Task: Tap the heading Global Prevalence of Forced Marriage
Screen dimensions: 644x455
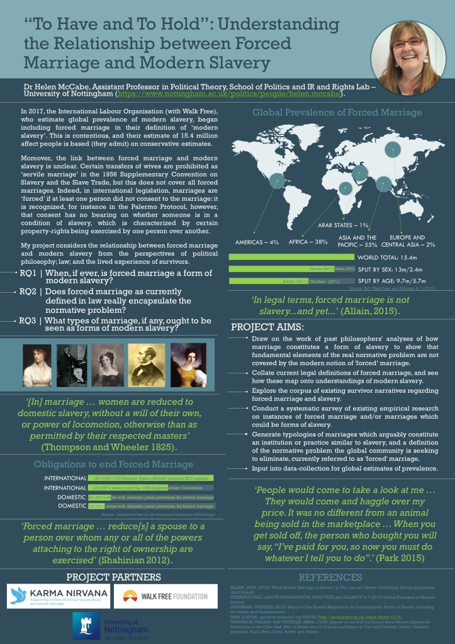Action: (x=337, y=113)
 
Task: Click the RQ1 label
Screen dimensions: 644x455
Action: (x=27, y=273)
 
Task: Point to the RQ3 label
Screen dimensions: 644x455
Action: (x=27, y=320)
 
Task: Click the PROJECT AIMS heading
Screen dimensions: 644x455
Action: (x=267, y=327)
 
